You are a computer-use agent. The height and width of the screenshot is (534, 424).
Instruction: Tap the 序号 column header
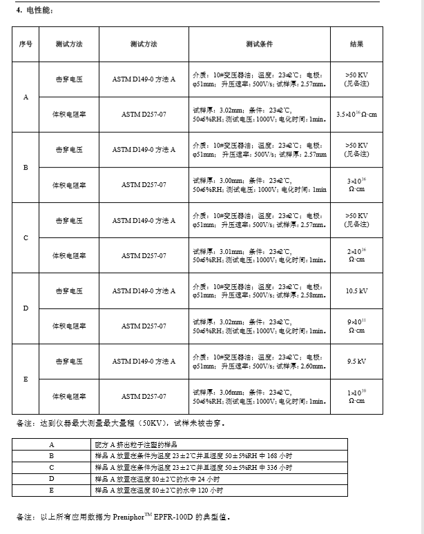26,44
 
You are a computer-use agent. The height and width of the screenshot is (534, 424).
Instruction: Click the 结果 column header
356,44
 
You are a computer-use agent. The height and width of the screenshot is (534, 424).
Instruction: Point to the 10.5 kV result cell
356,290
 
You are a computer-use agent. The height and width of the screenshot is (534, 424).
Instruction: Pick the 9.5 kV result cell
356,361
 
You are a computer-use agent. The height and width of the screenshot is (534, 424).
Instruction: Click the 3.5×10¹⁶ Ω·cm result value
356,114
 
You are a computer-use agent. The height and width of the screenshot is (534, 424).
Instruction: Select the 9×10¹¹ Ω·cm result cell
356,326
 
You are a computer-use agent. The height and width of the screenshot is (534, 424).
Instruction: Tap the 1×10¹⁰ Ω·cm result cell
356,396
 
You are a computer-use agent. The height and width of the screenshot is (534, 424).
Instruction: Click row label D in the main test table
26,308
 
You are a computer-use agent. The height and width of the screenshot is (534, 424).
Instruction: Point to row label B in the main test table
26,168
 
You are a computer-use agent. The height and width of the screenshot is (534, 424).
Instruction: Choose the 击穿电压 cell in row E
69,361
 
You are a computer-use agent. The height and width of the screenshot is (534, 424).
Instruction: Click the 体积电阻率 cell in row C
69,255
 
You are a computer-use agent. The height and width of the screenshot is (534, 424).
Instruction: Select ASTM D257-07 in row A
144,114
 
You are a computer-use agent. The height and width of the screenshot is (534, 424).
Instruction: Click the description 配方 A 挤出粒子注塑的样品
138,445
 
